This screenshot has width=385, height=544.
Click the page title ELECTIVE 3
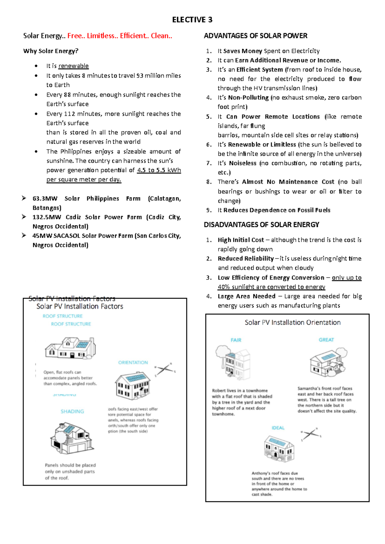tap(192, 20)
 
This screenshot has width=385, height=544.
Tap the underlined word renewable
tap(73, 66)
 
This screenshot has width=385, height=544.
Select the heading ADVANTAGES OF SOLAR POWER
tap(255, 36)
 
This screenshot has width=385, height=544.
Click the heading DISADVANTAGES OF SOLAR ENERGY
tap(261, 225)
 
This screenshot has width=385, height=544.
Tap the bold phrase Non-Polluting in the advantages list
tap(248, 98)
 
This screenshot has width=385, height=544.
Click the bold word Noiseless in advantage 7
tap(243, 163)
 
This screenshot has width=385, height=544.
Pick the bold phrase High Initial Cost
tap(241, 240)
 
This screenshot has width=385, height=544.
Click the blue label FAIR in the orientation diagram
tap(236, 340)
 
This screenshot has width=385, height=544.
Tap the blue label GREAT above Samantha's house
tap(326, 340)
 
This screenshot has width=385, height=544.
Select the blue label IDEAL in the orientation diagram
tap(278, 428)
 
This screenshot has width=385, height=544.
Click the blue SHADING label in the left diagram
tap(72, 411)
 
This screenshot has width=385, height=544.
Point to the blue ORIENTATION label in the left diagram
tap(133, 362)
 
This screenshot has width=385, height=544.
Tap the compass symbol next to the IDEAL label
tap(311, 434)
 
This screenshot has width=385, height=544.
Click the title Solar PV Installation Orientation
tap(292, 322)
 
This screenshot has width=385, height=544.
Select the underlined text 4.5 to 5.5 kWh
tap(159, 170)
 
